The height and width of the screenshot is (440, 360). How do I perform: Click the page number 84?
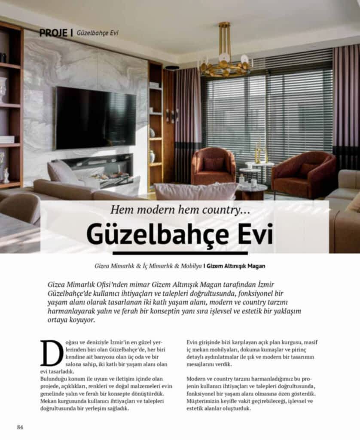coord(20,427)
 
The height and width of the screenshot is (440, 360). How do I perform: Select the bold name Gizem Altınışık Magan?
coord(236,266)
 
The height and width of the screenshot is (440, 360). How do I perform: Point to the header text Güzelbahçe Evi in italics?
coord(97,33)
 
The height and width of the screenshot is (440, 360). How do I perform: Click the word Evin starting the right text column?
coord(192,342)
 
